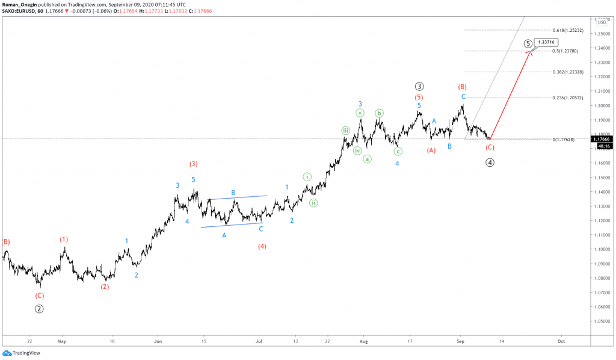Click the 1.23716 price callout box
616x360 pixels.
(547, 42)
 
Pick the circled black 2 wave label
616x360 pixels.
(39, 309)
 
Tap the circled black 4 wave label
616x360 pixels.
(490, 162)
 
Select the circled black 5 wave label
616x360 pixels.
(528, 43)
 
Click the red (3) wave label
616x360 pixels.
(194, 164)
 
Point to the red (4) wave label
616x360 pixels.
(262, 246)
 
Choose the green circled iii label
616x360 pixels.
(346, 131)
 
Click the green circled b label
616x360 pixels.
(380, 113)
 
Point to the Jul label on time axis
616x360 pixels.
(259, 341)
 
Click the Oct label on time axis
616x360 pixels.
(561, 341)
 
